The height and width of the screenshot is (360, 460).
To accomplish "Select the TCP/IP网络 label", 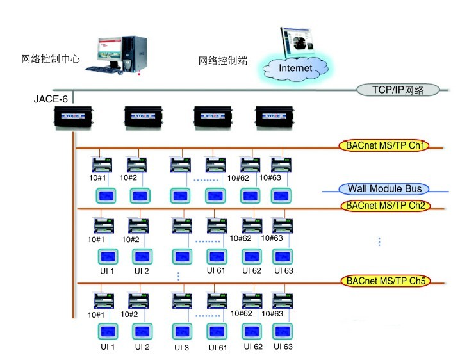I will [398, 90].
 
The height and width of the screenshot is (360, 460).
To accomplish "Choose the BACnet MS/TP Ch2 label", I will [386, 206].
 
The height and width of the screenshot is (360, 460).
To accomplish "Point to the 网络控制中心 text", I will [51, 58].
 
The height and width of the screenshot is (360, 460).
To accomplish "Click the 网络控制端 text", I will [223, 61].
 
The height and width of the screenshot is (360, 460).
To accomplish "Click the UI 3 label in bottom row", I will [181, 348].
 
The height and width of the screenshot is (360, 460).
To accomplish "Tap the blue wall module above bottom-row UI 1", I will [108, 332].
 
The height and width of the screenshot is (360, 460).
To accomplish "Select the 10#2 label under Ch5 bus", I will [130, 314].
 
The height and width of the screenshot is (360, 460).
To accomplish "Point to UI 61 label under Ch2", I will [216, 271].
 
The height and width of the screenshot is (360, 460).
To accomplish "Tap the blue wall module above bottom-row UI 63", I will [283, 332].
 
